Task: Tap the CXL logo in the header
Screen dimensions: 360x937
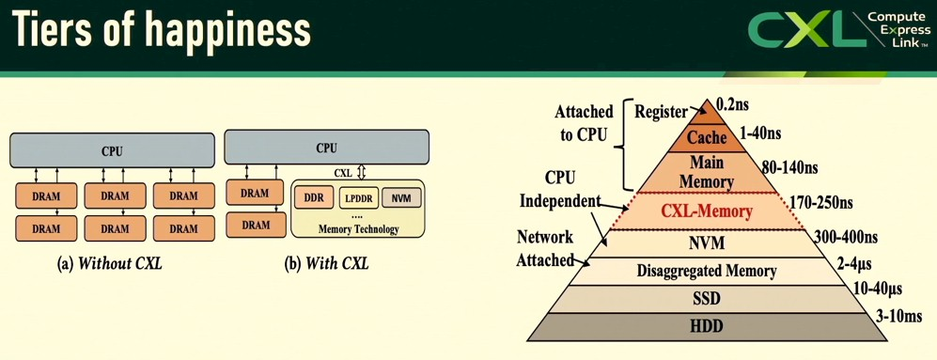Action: click(x=838, y=30)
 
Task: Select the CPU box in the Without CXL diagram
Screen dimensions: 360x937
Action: click(x=112, y=150)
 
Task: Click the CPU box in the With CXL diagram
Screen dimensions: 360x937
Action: click(x=326, y=148)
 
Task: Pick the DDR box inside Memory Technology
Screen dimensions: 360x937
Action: click(x=312, y=198)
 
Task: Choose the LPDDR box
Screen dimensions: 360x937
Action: click(x=358, y=198)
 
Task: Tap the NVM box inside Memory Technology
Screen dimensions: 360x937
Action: click(x=401, y=198)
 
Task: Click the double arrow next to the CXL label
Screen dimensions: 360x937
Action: click(x=361, y=173)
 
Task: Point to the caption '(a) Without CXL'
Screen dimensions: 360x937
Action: click(x=110, y=263)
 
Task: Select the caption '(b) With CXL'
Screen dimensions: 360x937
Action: click(x=326, y=263)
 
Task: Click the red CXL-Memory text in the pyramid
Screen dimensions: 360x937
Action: click(x=706, y=211)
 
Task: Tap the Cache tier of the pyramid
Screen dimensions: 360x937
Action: click(x=706, y=137)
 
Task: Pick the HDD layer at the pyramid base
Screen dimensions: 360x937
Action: click(x=706, y=326)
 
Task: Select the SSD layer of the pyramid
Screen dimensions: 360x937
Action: click(x=706, y=298)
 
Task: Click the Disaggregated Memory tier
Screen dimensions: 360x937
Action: click(x=706, y=271)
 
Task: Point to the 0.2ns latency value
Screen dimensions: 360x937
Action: click(x=732, y=104)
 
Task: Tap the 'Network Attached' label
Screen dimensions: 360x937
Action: click(x=544, y=248)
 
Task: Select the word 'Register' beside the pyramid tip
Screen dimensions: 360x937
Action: click(x=661, y=112)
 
